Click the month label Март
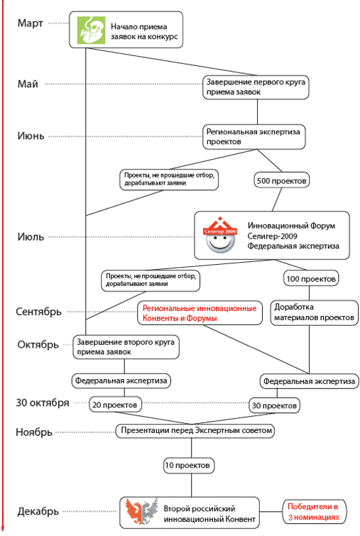point(30,23)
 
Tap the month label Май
point(28,84)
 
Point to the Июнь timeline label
point(31,136)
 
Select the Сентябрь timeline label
point(38,312)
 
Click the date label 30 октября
point(43,403)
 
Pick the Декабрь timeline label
point(38,511)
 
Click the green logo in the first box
point(91,30)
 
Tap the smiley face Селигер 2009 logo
point(220,235)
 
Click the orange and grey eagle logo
point(141,512)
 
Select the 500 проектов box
point(281,180)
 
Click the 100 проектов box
point(311,278)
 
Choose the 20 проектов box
point(115,405)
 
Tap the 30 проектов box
point(274,405)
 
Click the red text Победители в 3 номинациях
point(313,512)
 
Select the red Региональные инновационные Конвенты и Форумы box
point(200,313)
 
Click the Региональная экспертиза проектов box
point(254,137)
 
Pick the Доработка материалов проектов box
point(314,312)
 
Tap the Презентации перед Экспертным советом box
point(195,430)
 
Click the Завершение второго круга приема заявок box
point(126,346)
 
